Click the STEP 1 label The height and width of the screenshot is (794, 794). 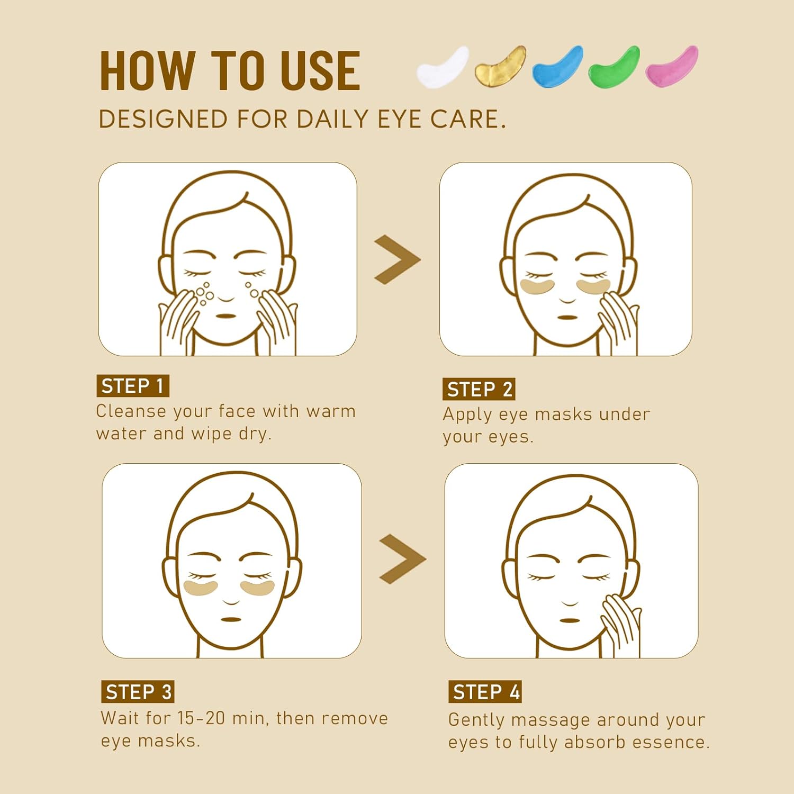133,386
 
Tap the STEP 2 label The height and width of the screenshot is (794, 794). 479,389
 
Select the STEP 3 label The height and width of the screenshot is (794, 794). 138,692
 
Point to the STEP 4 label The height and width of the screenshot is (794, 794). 485,692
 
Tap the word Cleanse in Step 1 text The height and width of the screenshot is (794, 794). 131,411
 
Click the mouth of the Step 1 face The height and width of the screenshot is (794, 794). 226,316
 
